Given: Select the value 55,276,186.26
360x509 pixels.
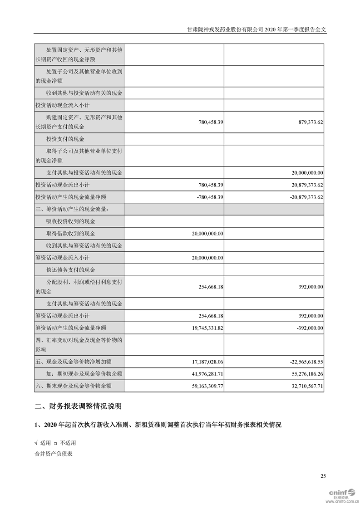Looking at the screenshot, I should coord(305,374).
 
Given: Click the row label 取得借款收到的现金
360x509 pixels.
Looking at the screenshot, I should coord(71,234).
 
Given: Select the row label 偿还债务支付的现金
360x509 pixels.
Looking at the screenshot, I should coord(71,270).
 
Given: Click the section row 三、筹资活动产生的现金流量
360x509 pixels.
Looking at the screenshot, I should coord(72,209).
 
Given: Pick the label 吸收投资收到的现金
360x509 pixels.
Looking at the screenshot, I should coord(71,221).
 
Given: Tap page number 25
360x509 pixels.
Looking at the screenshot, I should coord(323,476).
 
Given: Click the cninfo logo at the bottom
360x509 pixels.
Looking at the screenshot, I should coord(343,494).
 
